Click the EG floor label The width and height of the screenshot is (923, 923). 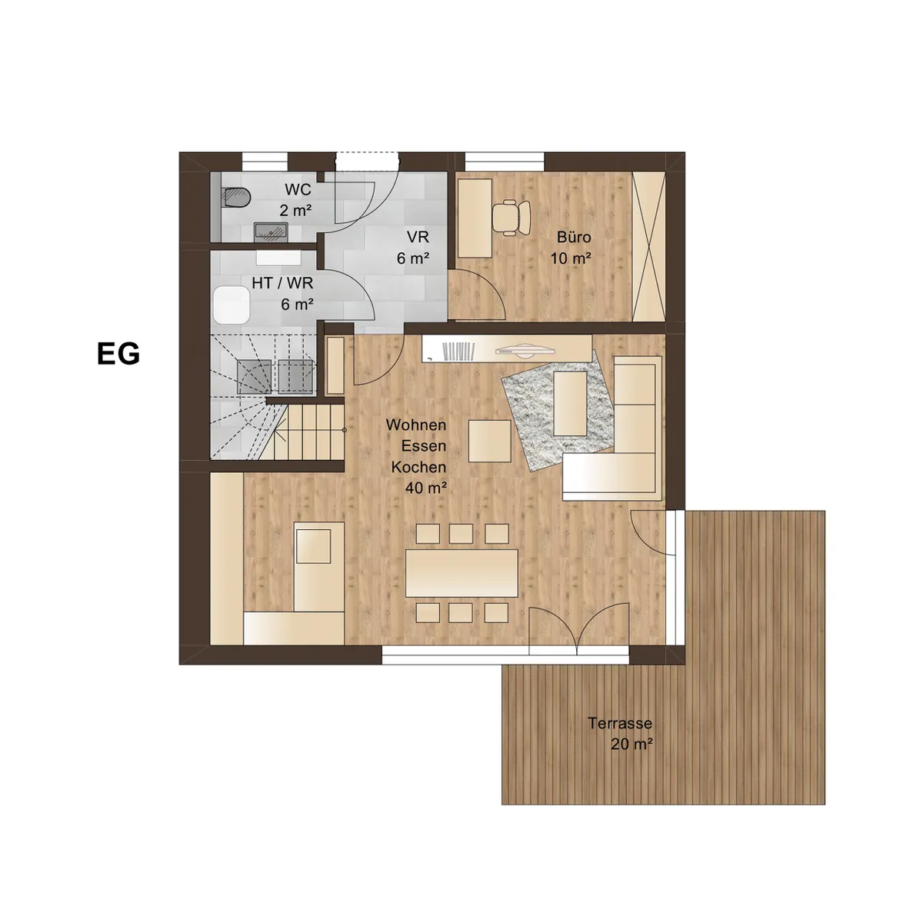tap(118, 354)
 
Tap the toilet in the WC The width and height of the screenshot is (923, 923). tap(237, 198)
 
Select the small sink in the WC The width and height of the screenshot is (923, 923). tap(270, 231)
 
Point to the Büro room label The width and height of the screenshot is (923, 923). tap(574, 237)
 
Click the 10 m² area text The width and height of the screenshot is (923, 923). tap(571, 258)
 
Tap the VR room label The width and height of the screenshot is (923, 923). tap(418, 237)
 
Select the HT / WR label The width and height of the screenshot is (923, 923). tap(282, 283)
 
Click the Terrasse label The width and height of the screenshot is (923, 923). tap(620, 723)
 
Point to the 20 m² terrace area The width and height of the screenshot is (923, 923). tap(632, 744)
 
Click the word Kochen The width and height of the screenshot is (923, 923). tap(418, 467)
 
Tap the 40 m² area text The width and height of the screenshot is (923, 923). tap(426, 488)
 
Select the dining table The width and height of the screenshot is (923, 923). tap(461, 573)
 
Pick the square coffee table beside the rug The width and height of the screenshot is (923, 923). tap(490, 441)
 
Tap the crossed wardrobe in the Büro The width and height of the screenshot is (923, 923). tap(648, 247)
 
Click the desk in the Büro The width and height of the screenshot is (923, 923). tap(475, 218)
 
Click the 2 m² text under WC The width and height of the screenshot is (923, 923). tap(296, 211)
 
